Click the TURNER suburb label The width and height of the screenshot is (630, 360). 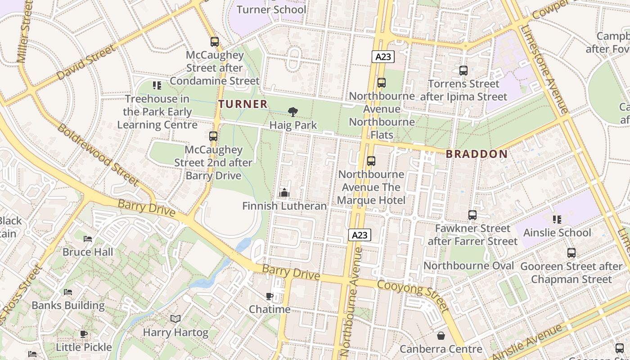click(x=243, y=104)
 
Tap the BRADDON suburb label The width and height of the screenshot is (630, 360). click(x=477, y=154)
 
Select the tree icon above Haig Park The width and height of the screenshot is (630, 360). click(x=293, y=112)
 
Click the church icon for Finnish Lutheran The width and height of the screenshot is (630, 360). click(x=284, y=193)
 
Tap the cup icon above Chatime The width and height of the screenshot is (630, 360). click(x=270, y=296)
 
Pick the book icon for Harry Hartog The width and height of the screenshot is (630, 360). click(x=175, y=319)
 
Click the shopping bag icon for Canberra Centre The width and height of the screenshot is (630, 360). click(x=441, y=336)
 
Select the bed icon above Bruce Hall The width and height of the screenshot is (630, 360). click(x=88, y=238)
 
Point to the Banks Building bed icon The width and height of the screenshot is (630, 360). click(x=68, y=292)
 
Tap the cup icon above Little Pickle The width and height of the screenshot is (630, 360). click(x=84, y=334)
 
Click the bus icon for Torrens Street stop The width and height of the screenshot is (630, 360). click(x=463, y=71)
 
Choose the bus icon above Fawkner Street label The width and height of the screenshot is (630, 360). click(x=472, y=215)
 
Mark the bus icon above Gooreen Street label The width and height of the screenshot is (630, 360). click(x=571, y=253)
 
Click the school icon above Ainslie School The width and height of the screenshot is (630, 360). click(x=557, y=220)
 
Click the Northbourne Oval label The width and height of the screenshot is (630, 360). click(x=468, y=265)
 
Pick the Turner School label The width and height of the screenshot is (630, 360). click(x=271, y=9)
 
